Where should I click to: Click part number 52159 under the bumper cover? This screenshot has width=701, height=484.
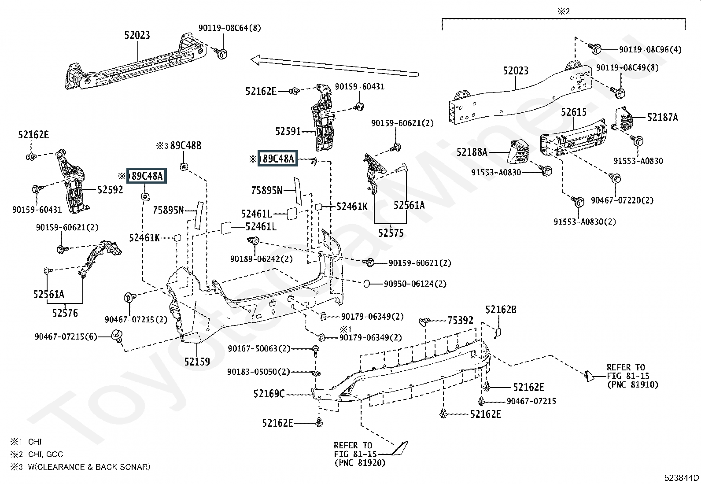197,362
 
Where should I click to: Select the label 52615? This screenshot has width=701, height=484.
573,112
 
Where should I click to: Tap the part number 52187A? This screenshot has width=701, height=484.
662,117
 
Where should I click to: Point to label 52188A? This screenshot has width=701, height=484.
472,152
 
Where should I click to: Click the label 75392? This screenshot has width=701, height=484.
460,321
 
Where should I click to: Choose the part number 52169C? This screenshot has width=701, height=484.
269,394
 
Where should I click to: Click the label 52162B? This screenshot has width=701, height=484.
501,310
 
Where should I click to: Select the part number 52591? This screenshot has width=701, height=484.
288,131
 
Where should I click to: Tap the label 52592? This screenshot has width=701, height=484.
110,190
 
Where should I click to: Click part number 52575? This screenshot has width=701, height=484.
391,233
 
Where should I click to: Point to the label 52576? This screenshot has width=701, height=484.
65,313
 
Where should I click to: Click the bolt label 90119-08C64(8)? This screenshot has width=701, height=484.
229,28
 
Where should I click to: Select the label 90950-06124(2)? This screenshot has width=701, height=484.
415,284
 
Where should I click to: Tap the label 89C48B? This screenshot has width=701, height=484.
185,146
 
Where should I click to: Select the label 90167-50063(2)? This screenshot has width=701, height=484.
259,349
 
